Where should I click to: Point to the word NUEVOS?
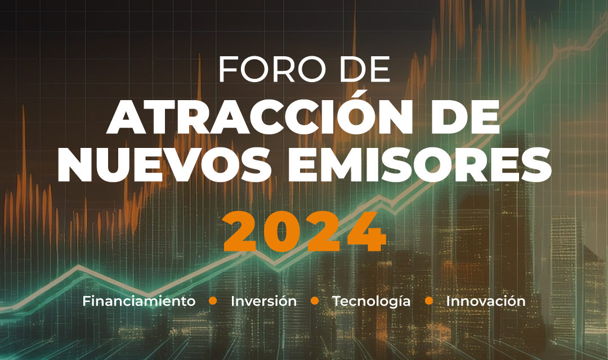[x=164, y=165]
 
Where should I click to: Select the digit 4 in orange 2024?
[x=366, y=232]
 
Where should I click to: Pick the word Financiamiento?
[x=139, y=301]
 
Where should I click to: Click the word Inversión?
[x=263, y=301]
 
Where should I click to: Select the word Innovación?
[x=486, y=301]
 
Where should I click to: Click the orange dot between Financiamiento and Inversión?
[x=213, y=301]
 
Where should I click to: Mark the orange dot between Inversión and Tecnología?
[x=315, y=301]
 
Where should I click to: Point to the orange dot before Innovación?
[x=429, y=301]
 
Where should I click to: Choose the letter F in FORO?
[x=229, y=69]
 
